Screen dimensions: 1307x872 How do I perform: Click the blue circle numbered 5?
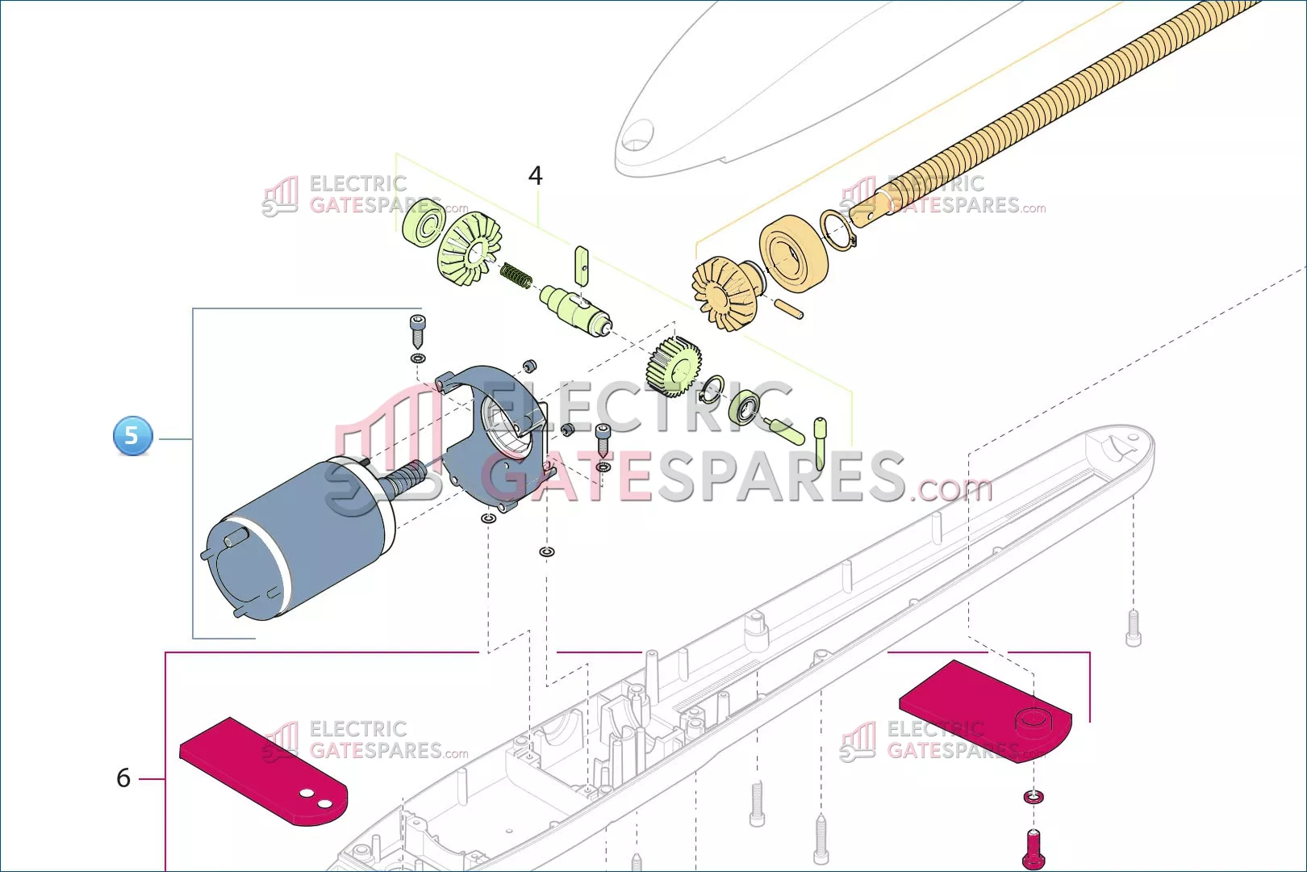click(x=133, y=436)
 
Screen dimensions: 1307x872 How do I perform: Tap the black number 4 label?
click(x=535, y=175)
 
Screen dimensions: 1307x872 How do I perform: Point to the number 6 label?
click(x=123, y=778)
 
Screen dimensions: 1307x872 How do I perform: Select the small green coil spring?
click(x=516, y=275)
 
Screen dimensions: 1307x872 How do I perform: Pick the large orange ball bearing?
click(x=794, y=253)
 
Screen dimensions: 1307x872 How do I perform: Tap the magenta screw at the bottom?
click(x=1033, y=850)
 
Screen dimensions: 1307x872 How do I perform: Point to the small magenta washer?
click(x=1034, y=797)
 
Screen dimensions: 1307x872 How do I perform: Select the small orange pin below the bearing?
click(x=788, y=309)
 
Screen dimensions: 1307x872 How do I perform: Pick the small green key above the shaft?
click(x=582, y=265)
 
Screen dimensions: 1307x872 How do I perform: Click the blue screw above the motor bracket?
click(x=418, y=330)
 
